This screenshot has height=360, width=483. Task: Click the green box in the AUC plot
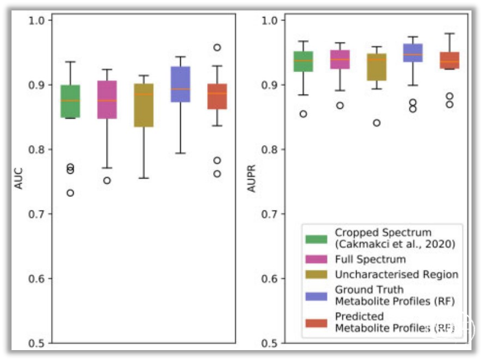(70, 101)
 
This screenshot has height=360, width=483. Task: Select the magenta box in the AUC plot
(107, 99)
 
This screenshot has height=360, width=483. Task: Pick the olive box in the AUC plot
(143, 105)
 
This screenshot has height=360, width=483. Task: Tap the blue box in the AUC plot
(180, 84)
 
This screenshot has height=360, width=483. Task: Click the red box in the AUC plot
(217, 96)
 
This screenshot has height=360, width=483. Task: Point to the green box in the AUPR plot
(303, 61)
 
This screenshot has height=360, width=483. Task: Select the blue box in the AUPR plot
(413, 53)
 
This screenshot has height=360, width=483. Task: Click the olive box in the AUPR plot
(376, 67)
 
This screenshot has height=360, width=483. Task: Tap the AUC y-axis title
(18, 181)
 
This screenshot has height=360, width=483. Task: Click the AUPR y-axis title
(252, 181)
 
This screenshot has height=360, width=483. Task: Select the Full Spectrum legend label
(370, 259)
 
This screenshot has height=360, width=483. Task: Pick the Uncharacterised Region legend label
(396, 274)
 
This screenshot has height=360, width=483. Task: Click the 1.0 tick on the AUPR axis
(274, 20)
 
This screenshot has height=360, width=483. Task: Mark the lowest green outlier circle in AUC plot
(70, 193)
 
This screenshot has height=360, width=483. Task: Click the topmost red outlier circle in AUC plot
(217, 48)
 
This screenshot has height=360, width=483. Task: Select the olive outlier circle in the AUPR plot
(376, 123)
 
